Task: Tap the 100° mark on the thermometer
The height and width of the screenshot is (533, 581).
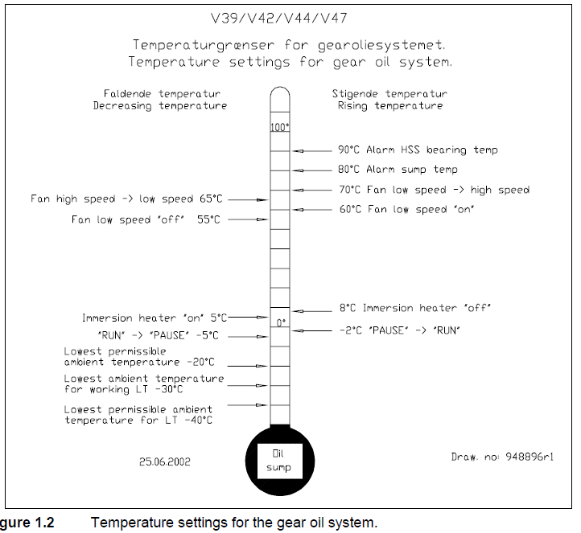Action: coord(279,127)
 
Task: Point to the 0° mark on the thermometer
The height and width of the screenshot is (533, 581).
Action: coord(281,322)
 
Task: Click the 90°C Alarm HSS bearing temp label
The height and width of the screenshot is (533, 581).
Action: coord(418,150)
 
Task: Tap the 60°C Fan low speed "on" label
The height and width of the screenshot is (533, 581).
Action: coord(407,209)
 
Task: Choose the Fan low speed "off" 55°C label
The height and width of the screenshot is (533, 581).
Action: coord(146,219)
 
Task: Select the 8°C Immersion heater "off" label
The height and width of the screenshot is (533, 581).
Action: coord(414,308)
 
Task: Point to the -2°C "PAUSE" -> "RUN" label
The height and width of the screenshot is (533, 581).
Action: coord(399,330)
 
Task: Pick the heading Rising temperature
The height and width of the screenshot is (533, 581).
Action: coord(390,105)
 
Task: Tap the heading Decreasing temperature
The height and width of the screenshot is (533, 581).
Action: coord(160,105)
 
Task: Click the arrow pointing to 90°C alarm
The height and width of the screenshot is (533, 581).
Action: coord(299,150)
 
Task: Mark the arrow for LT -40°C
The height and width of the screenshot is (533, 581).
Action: coord(259,405)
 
